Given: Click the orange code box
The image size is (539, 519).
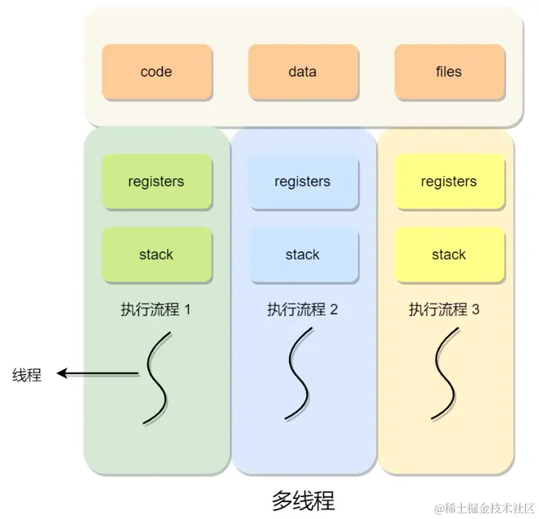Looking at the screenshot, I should pyautogui.click(x=156, y=72).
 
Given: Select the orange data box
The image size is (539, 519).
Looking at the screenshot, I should pyautogui.click(x=302, y=72).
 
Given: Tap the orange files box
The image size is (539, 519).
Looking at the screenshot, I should pyautogui.click(x=449, y=72).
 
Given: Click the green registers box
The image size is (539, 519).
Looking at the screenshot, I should pyautogui.click(x=156, y=182).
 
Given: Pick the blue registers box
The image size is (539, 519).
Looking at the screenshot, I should pyautogui.click(x=302, y=182).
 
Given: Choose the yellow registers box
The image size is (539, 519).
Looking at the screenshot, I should pyautogui.click(x=449, y=182).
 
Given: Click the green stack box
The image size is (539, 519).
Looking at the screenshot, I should pyautogui.click(x=156, y=254).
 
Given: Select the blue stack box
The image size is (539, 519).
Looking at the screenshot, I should pyautogui.click(x=302, y=254).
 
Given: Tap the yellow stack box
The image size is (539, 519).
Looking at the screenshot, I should pyautogui.click(x=449, y=254).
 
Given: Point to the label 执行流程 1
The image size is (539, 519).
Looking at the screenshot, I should pyautogui.click(x=156, y=309).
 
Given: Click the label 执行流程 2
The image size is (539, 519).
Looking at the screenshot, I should pyautogui.click(x=302, y=309).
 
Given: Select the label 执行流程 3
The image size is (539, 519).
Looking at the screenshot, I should pyautogui.click(x=444, y=309).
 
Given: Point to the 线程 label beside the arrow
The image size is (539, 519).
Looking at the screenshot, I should pyautogui.click(x=27, y=375).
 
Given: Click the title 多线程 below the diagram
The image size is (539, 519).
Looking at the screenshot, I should pyautogui.click(x=302, y=500).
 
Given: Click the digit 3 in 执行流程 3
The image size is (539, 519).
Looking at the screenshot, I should pyautogui.click(x=476, y=309).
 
